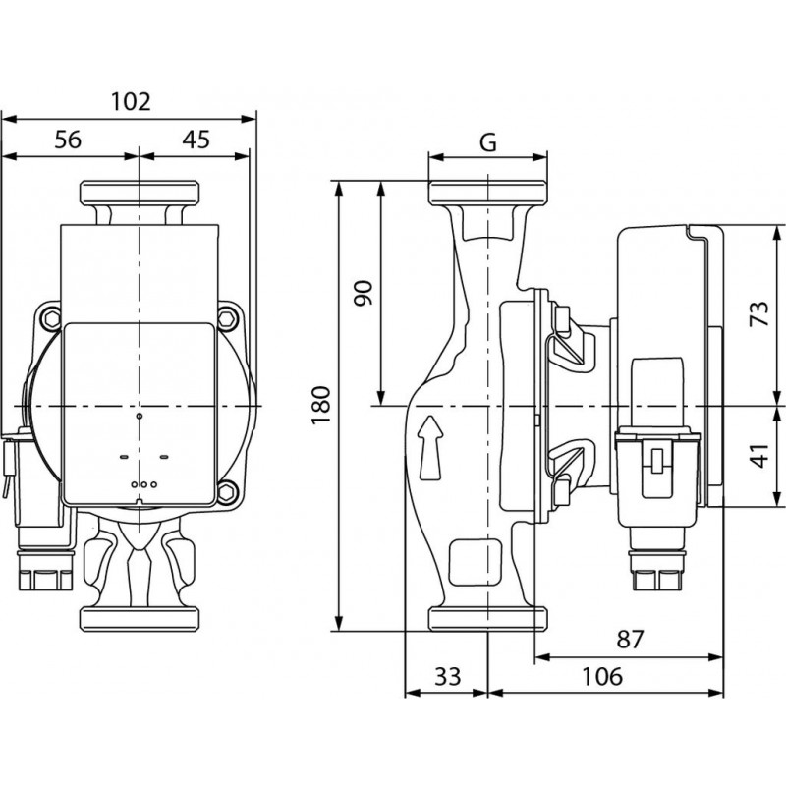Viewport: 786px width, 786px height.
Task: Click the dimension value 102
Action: (x=130, y=101)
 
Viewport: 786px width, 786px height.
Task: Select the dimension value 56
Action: (x=67, y=140)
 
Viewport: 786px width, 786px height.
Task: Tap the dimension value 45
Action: (x=196, y=140)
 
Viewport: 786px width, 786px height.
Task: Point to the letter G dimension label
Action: (x=488, y=141)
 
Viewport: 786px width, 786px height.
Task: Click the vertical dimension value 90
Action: (x=364, y=293)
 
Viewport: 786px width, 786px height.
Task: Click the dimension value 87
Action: (x=630, y=641)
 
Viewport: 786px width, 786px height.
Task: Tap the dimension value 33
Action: (x=447, y=677)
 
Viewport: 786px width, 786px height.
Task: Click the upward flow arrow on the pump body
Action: (x=428, y=448)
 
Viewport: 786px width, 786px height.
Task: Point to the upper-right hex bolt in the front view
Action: (x=230, y=318)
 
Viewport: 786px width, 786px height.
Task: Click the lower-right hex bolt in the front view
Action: (x=230, y=491)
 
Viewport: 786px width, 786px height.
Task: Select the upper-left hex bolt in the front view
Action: (x=49, y=318)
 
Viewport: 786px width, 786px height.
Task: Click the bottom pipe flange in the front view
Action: (x=140, y=619)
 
